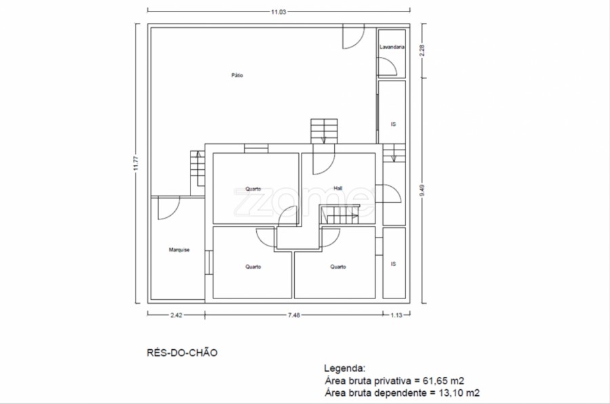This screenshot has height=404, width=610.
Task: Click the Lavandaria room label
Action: [392, 47]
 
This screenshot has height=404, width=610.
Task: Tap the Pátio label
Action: [237, 75]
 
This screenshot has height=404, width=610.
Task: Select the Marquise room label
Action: [179, 250]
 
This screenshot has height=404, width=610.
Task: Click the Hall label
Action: [338, 188]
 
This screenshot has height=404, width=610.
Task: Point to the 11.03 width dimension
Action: [279, 12]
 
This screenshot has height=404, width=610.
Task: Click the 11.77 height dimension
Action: [136, 163]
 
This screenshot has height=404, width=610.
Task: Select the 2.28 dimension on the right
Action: [422, 51]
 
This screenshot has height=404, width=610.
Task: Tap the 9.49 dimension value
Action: [422, 190]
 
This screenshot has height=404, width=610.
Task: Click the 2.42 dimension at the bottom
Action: [176, 315]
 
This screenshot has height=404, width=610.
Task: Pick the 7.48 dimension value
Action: [293, 315]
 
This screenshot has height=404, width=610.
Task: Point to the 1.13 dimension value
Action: [396, 315]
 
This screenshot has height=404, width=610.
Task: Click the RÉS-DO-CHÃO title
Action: [182, 353]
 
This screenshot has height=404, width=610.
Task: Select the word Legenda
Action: [345, 368]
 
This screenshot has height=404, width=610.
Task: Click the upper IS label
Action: [393, 125]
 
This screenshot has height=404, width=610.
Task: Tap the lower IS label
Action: [393, 264]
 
